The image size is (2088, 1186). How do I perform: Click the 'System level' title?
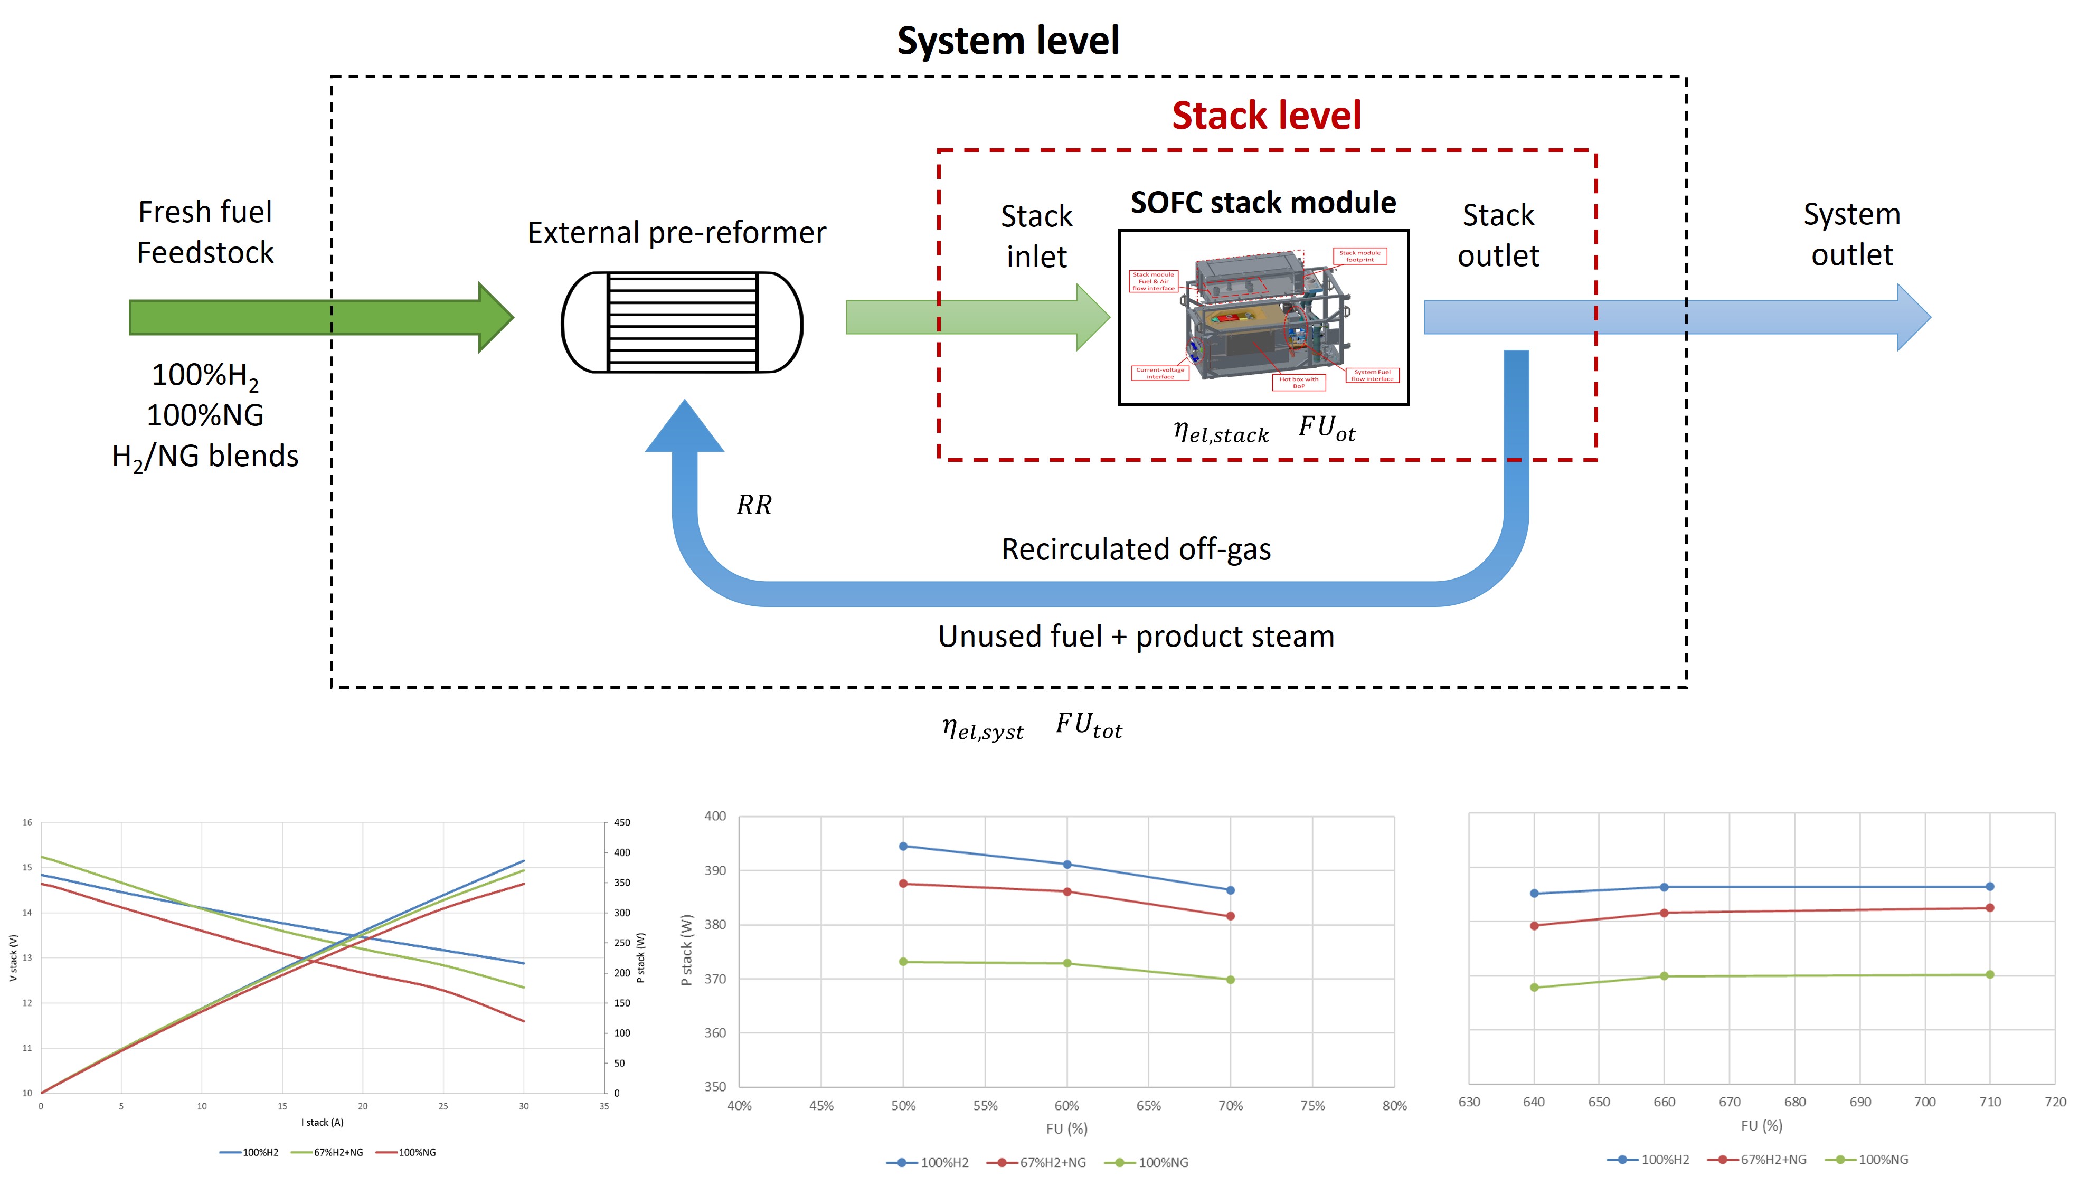[x=1008, y=41]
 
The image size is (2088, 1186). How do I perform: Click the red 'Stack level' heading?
[x=1266, y=116]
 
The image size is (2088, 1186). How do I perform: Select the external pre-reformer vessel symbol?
[x=682, y=322]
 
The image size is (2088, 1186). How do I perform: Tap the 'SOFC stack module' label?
[x=1263, y=202]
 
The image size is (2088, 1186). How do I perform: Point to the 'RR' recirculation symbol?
[x=753, y=505]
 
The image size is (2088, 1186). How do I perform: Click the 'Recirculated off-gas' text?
[x=1136, y=549]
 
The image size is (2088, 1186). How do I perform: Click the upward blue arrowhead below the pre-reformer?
[x=684, y=427]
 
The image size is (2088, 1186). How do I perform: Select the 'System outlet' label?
[x=1851, y=234]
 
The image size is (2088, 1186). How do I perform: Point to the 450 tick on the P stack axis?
[x=621, y=823]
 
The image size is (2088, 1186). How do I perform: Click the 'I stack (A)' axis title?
[x=323, y=1123]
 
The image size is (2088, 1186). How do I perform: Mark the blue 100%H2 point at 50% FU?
[x=903, y=846]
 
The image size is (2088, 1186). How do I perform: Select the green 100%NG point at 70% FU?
[x=1230, y=980]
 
